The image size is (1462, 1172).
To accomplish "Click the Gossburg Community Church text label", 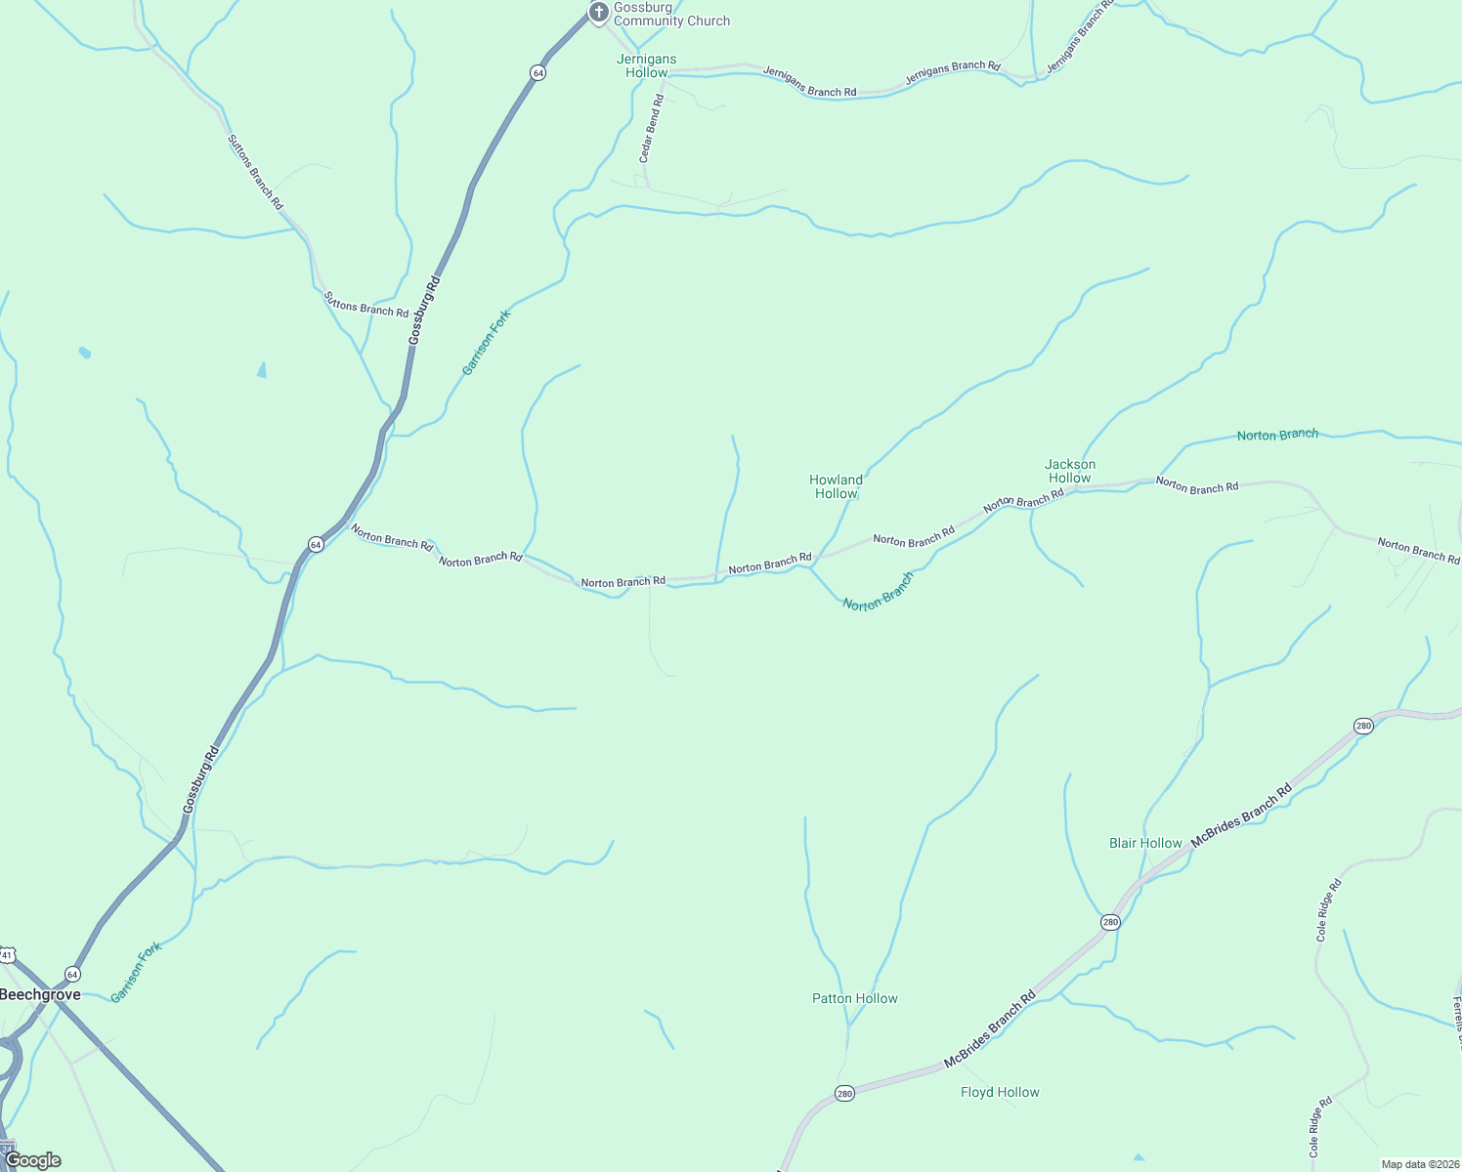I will pos(671,14).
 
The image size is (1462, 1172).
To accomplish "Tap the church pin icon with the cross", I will pos(599,12).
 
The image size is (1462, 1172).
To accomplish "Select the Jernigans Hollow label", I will pos(646,65).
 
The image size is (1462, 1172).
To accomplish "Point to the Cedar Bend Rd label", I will pos(651,128).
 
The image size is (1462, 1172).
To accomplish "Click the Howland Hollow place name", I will pos(836,486).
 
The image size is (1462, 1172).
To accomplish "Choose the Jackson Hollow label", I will pos(1070,471).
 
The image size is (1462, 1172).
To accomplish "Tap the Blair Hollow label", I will pos(1145,843).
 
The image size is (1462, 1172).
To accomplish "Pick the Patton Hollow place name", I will pos(854,998).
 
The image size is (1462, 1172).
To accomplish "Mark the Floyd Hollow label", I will pos(1000,1092).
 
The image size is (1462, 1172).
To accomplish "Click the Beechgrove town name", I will pos(40,994).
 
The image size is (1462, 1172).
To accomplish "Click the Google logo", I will pos(33,1160).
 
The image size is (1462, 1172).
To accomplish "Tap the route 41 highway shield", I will pos(6,954).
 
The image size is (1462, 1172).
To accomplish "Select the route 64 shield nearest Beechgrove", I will pos(72,974).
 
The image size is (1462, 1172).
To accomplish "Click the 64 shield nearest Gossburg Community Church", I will pos(537,72).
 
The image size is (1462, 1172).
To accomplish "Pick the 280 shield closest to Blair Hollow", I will pos(1110,922).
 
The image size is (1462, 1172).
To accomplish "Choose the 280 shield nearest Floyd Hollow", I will pos(844,1093).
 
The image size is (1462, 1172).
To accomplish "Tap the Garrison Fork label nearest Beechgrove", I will pos(136,972).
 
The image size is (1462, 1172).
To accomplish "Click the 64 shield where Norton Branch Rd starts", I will pos(316,544).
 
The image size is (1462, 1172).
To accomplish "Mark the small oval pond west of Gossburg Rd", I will pos(85,353).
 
